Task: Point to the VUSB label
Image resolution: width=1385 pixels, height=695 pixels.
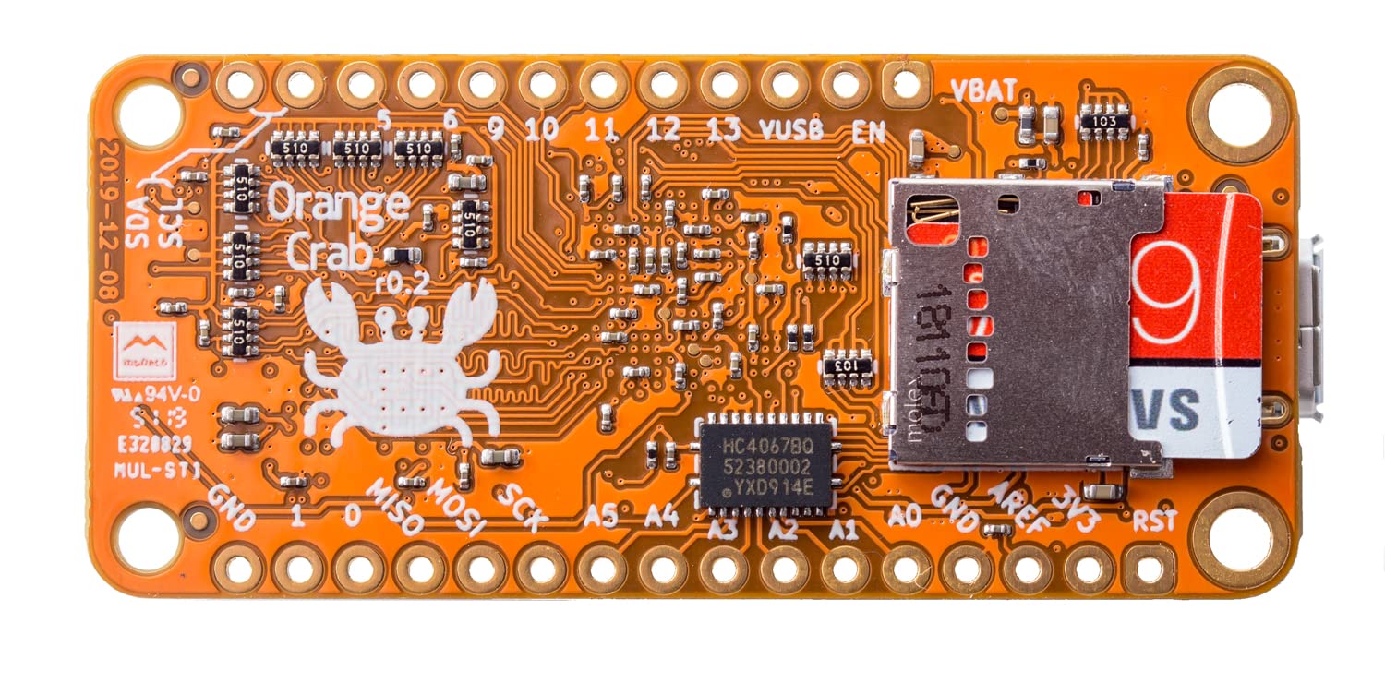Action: [790, 129]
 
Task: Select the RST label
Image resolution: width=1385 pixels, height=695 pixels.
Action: [1154, 521]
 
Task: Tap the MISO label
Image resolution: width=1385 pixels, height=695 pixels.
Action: [395, 508]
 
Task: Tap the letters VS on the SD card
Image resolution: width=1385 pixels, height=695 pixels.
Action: [1167, 410]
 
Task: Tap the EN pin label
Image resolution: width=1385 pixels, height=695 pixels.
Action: [868, 132]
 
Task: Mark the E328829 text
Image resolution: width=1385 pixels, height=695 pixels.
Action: [154, 445]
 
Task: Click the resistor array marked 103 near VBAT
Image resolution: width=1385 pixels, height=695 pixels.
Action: [1104, 121]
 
